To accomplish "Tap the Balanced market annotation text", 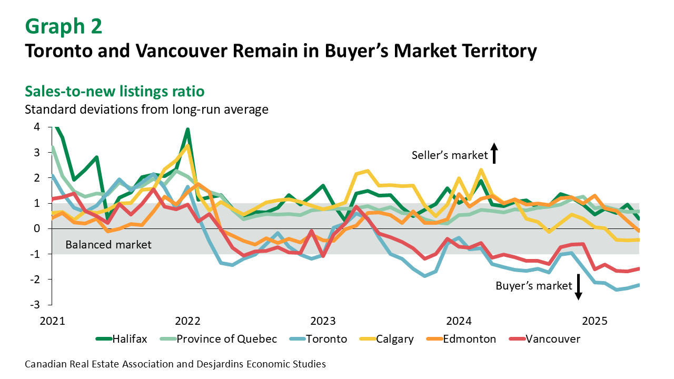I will (x=108, y=245).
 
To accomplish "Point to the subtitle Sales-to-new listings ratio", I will (x=114, y=91).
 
